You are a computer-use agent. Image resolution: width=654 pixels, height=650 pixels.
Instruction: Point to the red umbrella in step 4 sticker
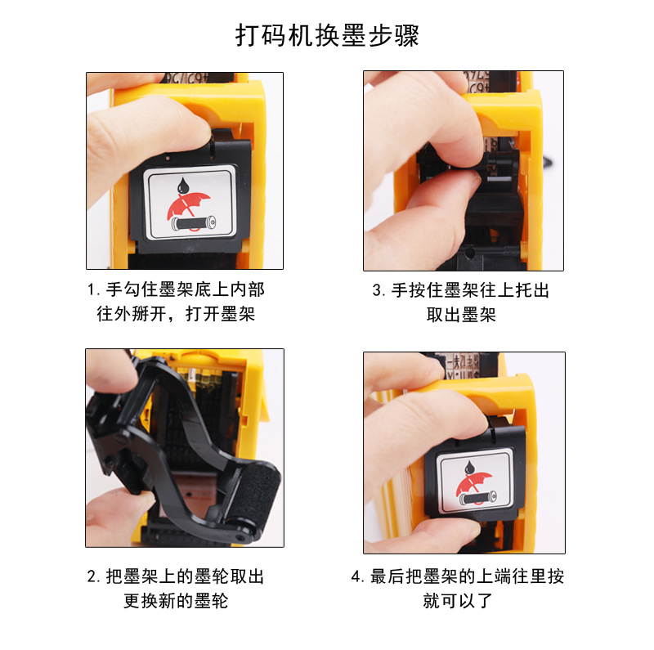tap(473, 486)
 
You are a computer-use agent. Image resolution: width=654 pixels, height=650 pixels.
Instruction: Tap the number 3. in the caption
tap(379, 290)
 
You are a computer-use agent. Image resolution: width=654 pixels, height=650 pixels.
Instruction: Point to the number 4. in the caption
tap(358, 577)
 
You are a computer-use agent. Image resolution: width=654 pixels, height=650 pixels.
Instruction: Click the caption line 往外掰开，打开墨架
tap(177, 314)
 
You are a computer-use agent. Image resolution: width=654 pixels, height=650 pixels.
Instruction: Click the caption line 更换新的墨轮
tap(177, 601)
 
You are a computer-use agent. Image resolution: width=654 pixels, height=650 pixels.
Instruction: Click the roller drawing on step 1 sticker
tap(192, 222)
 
